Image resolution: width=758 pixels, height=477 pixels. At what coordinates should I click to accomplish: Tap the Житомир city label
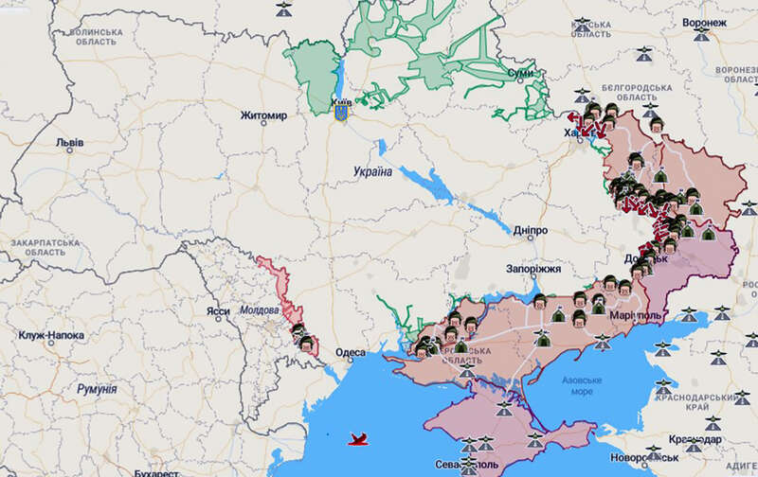pos(262,116)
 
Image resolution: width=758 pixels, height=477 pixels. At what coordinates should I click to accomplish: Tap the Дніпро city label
pos(527,231)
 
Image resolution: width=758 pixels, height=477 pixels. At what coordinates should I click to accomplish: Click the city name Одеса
pos(351,353)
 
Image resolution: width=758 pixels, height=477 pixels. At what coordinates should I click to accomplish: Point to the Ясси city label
pos(218,310)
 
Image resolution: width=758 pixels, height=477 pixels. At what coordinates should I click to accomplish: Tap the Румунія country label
pos(96,389)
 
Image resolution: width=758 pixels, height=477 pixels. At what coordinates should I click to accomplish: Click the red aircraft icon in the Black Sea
pos(359,438)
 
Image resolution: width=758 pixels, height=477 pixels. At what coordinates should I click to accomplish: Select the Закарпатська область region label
pos(37,249)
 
